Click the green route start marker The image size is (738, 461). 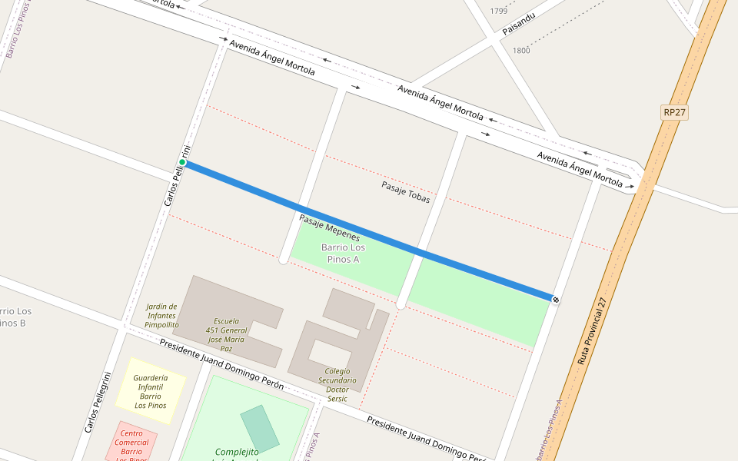click(x=183, y=162)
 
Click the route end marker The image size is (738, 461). click(x=555, y=298)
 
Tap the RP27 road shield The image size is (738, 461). click(x=674, y=112)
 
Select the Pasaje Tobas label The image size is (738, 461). click(x=405, y=192)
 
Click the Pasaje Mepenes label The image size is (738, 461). click(x=329, y=227)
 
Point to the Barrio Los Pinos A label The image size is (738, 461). click(x=342, y=253)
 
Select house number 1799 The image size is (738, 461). click(x=499, y=11)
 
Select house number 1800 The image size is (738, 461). click(x=521, y=51)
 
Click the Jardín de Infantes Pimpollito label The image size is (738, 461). click(x=161, y=315)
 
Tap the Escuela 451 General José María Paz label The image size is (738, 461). click(x=225, y=334)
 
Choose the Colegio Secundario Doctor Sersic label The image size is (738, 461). click(x=337, y=384)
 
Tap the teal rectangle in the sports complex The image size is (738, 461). click(x=261, y=428)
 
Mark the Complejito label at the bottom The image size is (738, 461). click(x=237, y=453)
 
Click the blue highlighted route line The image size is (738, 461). click(x=369, y=230)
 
